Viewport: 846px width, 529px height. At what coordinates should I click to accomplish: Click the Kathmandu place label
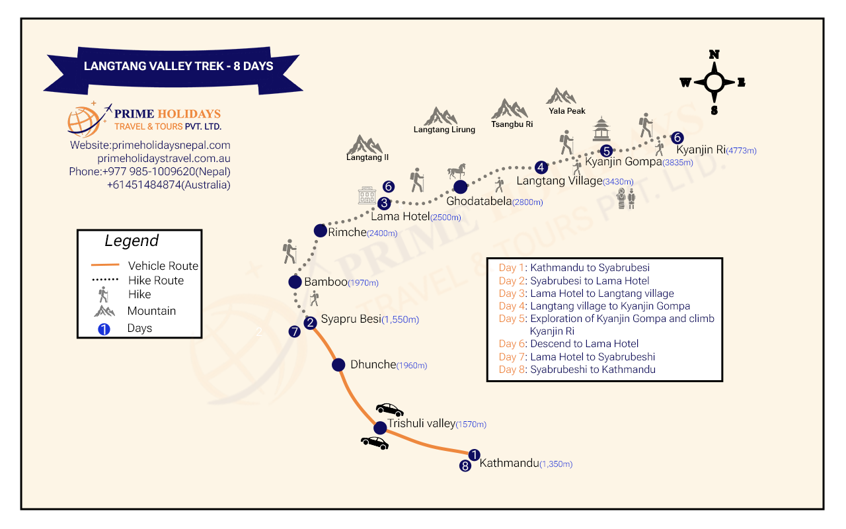509,464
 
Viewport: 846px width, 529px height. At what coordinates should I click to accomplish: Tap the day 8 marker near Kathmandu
465,466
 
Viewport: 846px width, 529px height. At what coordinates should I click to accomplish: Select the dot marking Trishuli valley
380,428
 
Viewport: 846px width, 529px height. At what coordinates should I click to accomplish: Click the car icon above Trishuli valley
390,409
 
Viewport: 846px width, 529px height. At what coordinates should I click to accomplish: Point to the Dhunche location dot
338,364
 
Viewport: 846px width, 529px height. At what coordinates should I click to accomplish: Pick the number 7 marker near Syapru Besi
294,332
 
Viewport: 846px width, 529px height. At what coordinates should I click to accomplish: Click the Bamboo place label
326,282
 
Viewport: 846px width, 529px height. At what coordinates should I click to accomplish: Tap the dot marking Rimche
321,231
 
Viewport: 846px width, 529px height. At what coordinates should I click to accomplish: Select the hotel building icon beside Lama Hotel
367,195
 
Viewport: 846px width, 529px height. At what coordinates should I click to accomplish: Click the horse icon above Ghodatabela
457,171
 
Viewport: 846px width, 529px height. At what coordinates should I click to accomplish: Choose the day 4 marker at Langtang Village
541,167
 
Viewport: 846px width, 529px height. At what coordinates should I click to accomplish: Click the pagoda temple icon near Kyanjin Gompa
601,129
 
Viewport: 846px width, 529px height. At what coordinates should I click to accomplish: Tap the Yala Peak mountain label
566,111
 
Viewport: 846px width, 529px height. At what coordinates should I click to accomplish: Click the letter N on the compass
714,55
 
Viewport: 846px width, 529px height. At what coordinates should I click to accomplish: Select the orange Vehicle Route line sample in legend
105,265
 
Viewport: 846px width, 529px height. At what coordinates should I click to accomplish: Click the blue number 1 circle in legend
104,329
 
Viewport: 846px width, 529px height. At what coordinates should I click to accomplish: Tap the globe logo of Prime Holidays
84,121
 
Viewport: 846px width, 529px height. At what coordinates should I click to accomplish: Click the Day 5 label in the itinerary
512,319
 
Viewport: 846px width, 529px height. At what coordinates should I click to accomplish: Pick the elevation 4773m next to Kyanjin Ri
741,150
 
